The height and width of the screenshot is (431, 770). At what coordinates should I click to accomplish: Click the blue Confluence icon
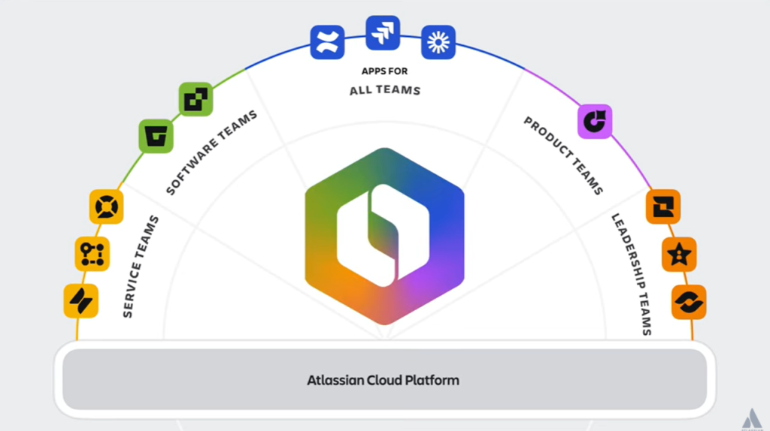point(327,42)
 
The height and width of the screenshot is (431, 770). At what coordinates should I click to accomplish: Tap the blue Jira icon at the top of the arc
point(383,32)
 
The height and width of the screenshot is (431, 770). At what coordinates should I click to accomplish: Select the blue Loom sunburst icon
point(438,43)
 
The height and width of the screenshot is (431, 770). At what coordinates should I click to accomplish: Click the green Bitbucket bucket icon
point(156,136)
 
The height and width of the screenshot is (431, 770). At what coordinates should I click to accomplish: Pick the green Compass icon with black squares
point(196,99)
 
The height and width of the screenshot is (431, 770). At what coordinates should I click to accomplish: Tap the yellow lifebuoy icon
point(106,206)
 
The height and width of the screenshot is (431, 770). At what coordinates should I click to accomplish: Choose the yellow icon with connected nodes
point(92,254)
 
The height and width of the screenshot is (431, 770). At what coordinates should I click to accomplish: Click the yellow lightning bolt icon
point(80,301)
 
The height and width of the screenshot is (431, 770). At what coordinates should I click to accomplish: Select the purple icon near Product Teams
point(595,121)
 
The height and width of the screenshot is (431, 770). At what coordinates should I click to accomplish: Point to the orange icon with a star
point(679,255)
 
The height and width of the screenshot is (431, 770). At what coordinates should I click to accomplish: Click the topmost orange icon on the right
point(663,206)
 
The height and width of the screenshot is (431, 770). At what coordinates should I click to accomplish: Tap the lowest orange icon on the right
point(689,302)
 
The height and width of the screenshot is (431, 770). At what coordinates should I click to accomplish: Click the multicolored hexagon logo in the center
point(384,235)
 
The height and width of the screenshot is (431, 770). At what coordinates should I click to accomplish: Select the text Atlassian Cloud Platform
point(383,380)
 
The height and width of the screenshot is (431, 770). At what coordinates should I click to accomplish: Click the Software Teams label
point(211,152)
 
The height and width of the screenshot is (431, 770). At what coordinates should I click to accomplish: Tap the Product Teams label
point(563,155)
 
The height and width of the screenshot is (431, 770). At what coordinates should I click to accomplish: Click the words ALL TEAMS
point(384,90)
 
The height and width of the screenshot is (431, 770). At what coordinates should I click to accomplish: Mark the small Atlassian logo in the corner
point(751,420)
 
